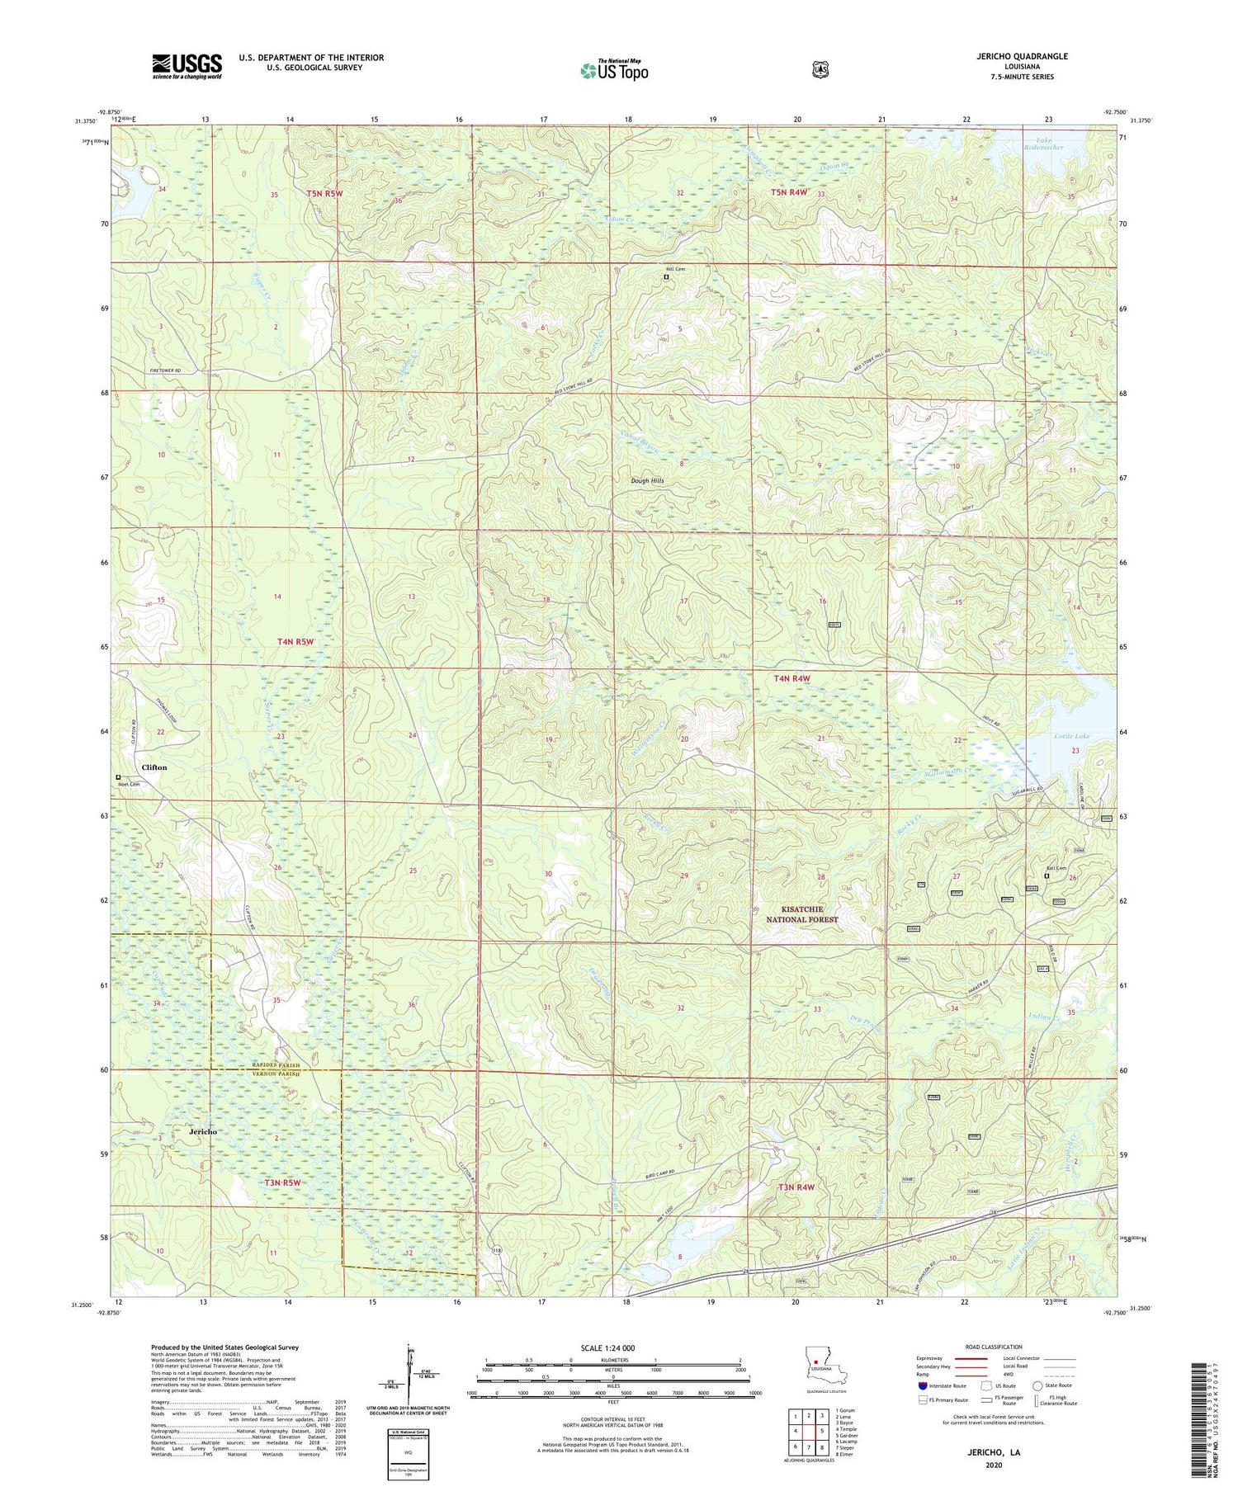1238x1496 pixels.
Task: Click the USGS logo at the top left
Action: tap(187, 65)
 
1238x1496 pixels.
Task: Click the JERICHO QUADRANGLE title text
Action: tap(1019, 56)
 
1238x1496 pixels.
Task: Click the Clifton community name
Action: tap(154, 767)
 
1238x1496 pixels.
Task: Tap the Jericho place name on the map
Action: tap(203, 1131)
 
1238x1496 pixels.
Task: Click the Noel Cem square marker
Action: tap(118, 776)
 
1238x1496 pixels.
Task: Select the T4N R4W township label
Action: tap(792, 678)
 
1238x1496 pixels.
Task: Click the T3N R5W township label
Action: tap(282, 1182)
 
